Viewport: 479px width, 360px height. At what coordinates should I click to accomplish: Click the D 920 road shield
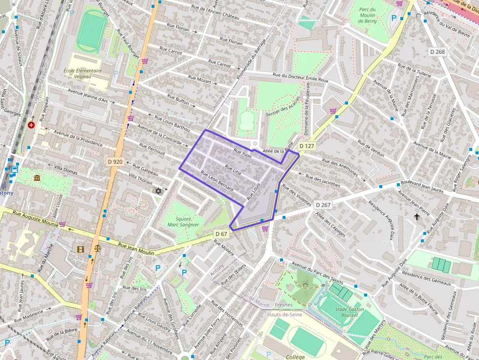coord(114,162)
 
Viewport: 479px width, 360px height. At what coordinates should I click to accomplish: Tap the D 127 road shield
coord(307,146)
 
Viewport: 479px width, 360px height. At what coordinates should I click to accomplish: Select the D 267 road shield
coord(323,205)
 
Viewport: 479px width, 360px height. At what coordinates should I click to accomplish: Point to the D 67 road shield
coord(221,234)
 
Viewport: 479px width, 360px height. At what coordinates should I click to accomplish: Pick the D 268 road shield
coord(437,51)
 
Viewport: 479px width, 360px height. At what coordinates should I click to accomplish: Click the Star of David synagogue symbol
coord(157,191)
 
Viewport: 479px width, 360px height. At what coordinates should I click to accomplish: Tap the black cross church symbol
coord(417,216)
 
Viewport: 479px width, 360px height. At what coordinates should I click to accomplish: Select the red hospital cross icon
coord(32,125)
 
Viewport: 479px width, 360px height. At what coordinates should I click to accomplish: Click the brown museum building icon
coord(37,177)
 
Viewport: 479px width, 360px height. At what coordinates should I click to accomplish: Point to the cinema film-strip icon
coord(80,249)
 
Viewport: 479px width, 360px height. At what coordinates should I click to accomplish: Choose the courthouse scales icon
coord(97,249)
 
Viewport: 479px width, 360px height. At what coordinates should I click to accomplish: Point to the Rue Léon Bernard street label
coord(217,181)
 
